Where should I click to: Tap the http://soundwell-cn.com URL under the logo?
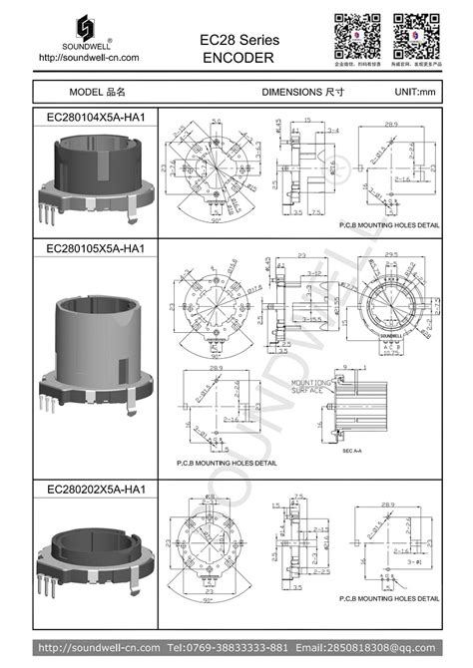pos(88,57)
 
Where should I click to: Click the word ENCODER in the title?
pos(238,58)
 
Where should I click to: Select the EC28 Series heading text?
pos(238,39)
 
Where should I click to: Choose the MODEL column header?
pos(97,91)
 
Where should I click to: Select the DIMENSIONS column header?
pos(297,91)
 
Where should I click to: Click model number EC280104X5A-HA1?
pos(97,117)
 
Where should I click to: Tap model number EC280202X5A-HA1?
pos(97,490)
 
